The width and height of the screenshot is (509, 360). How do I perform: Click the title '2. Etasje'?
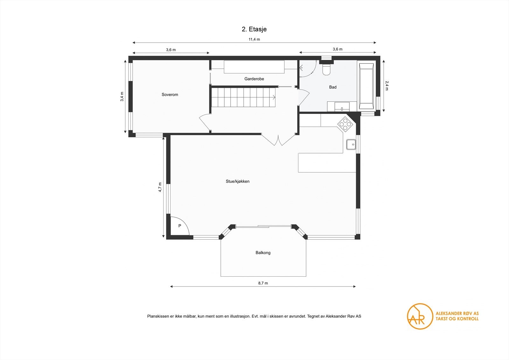point(254,29)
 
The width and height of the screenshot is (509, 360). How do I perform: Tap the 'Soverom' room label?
point(170,95)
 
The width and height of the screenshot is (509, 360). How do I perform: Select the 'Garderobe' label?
point(254,79)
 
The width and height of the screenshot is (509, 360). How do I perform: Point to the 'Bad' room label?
point(333,87)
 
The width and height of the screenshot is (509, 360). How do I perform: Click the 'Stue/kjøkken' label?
point(237,181)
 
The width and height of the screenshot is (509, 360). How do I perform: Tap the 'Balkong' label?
point(263,252)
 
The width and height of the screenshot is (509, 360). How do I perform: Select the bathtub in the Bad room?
point(366,86)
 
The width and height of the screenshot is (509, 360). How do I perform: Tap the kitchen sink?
point(351,145)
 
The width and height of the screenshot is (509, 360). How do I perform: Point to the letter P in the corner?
point(180,226)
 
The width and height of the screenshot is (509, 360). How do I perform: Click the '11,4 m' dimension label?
point(254,39)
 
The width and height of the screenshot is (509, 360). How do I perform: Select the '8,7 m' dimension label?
point(263,283)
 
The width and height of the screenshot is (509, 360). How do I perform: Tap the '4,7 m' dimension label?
point(160,187)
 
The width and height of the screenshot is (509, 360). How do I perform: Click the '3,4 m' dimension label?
point(122,96)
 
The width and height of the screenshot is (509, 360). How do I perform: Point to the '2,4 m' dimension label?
point(387,86)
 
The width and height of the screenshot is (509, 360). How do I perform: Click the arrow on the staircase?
point(274,97)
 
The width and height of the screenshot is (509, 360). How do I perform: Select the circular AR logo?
point(420,316)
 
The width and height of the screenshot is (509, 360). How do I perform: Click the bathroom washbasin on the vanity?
point(342,107)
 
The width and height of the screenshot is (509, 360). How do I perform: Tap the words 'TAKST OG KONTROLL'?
point(457,319)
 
